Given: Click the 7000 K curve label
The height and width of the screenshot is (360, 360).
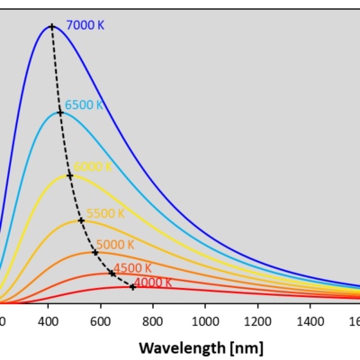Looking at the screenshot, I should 86,26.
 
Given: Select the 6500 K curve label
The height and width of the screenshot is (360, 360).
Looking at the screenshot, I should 84,104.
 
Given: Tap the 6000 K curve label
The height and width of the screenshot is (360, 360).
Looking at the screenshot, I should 94,166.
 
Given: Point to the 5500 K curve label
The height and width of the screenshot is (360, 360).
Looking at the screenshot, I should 104,213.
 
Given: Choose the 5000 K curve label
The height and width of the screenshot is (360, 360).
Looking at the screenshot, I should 115,245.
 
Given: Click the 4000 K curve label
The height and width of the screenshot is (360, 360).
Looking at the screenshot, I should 154,283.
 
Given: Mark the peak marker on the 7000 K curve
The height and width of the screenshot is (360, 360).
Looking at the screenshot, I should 51,26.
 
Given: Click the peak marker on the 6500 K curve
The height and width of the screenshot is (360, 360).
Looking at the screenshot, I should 60,112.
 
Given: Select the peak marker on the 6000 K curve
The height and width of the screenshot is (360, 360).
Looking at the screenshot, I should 70,175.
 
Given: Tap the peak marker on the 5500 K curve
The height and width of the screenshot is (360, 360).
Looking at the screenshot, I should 81,220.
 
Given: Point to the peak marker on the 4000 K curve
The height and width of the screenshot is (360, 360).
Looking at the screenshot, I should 133,287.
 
